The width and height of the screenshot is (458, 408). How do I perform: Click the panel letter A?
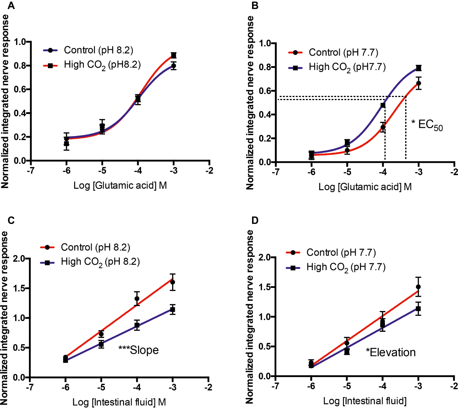coord(11,6)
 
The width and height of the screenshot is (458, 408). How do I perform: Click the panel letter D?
coord(255,220)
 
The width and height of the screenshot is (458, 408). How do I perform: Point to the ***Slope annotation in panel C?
coord(139,350)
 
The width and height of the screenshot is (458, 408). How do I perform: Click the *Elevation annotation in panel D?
coord(391,352)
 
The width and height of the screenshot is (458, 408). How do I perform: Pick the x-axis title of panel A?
coord(120,186)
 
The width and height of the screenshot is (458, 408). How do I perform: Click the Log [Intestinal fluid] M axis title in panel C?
coord(119,402)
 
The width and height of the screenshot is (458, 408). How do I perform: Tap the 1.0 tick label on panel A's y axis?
coord(20,42)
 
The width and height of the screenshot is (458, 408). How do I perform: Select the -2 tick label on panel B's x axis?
coord(454,172)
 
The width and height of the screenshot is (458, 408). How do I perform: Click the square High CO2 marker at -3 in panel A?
coord(174,55)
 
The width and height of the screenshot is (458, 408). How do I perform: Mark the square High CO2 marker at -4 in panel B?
coord(383,105)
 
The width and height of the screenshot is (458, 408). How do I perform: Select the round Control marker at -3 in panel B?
coord(418,83)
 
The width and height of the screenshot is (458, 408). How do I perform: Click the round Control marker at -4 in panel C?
coord(137,299)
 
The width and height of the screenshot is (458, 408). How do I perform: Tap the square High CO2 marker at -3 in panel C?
coord(172,310)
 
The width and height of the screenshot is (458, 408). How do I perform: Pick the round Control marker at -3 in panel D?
coord(418,287)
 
